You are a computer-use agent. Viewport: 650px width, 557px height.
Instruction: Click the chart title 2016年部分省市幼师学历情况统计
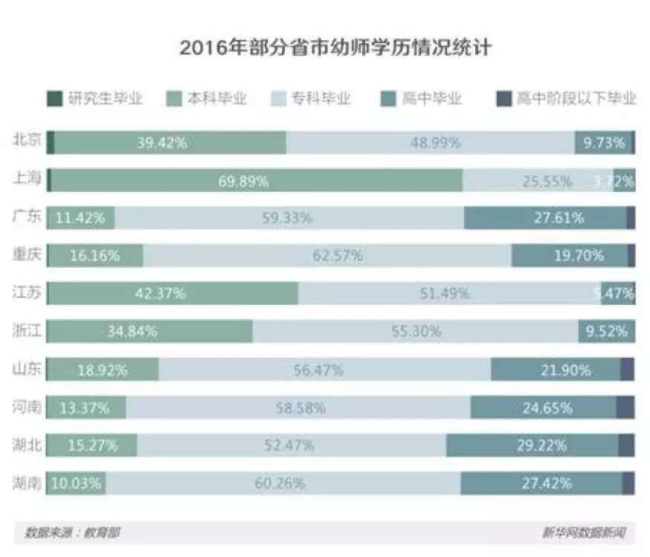click(x=335, y=48)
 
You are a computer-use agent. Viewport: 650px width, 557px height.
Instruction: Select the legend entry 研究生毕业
click(x=94, y=98)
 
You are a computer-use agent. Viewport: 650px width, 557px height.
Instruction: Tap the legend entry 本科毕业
click(x=207, y=98)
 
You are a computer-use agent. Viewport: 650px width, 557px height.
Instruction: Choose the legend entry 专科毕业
click(x=311, y=98)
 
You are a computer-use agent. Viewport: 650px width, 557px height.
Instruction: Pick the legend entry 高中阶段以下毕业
click(x=567, y=98)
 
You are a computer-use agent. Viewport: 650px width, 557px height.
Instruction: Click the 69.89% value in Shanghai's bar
click(x=243, y=181)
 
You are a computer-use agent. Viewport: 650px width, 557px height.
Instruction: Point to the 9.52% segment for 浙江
click(x=606, y=332)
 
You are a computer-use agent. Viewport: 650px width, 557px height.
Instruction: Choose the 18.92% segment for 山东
click(x=103, y=370)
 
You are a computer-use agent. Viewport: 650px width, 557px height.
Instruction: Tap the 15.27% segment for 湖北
click(x=92, y=445)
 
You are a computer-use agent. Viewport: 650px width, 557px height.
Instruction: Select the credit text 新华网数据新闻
click(x=583, y=532)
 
